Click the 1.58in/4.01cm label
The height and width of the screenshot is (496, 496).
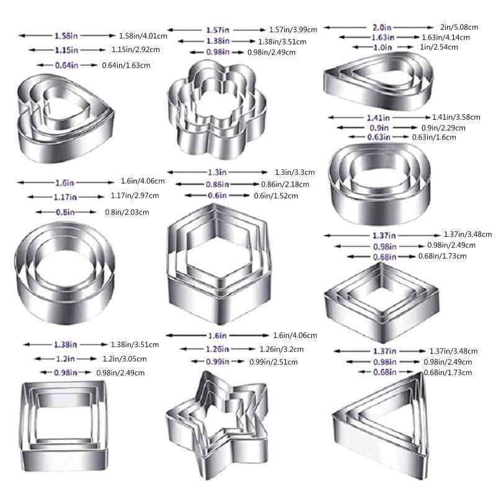point(143,36)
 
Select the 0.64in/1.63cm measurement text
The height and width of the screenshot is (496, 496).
point(126,66)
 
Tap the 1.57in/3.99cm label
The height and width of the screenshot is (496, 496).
point(293,30)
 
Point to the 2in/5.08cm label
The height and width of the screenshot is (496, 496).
point(459,27)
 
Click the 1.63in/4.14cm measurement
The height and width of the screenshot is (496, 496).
point(446,37)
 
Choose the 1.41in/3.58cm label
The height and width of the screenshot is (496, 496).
point(456,117)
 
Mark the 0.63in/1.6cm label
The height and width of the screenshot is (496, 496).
point(434,137)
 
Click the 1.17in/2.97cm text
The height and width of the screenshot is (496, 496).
point(135,196)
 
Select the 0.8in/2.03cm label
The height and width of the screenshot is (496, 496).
point(127,212)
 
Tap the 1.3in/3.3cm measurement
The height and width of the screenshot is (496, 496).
point(295,172)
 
